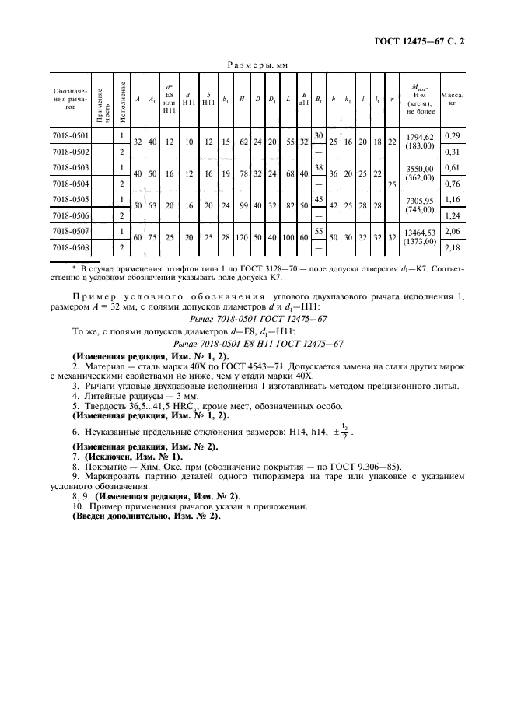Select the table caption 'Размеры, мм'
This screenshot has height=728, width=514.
tap(256, 66)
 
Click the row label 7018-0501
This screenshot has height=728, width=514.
tap(70, 135)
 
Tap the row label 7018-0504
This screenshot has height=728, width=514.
tap(70, 184)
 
